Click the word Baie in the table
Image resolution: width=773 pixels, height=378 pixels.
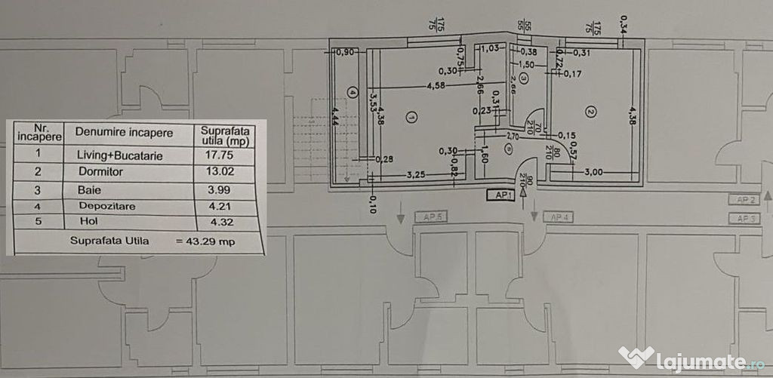pos(88,189)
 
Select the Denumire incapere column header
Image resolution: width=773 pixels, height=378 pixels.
pos(123,132)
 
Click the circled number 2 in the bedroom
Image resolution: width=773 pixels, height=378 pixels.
pos(591,112)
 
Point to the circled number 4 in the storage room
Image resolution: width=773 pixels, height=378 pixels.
pos(352,93)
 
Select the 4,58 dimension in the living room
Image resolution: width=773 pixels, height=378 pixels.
pos(435,86)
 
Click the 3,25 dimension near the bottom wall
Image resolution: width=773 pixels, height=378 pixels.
pos(415,174)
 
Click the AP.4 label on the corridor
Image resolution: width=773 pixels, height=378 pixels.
pos(560,218)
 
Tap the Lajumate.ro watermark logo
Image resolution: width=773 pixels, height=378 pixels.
pos(691,357)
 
